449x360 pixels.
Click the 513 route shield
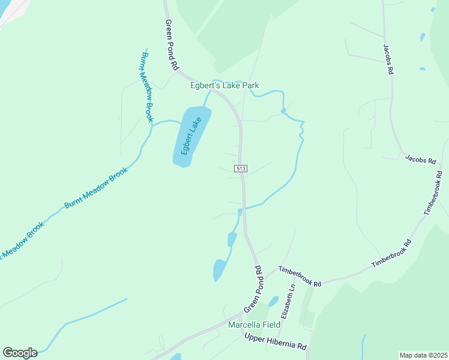pos(241,169)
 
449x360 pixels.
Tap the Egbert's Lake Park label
pos(224,86)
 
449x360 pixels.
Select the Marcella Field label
pos(255,325)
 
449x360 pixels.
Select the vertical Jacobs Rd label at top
pos(389,59)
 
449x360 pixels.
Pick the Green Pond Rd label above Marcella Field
pos(253,290)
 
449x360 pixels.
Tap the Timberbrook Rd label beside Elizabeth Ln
pos(300,276)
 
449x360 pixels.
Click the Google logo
pos(20,353)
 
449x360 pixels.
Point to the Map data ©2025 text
pos(423,355)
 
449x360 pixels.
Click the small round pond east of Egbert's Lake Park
pos(283,110)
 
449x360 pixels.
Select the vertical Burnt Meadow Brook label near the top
pos(148,86)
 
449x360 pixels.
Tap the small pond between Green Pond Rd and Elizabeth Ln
pos(273,301)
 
